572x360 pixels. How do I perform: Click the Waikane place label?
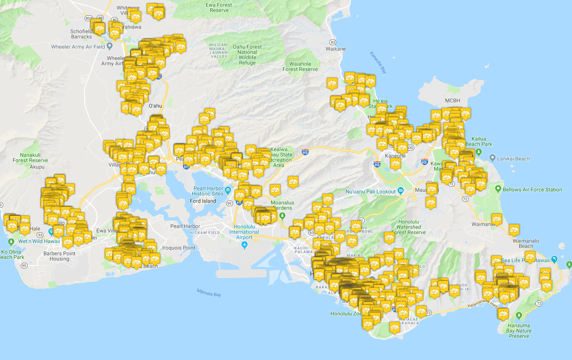click(335, 49)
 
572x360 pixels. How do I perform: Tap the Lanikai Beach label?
click(513, 159)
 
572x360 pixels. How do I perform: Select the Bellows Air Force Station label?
click(532, 190)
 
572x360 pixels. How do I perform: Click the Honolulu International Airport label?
click(244, 232)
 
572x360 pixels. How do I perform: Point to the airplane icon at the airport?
click(244, 244)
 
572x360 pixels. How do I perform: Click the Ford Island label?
click(203, 201)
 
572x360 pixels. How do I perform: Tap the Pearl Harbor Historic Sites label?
click(208, 191)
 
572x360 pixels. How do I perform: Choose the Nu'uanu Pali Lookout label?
click(370, 192)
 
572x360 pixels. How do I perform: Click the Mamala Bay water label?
click(209, 292)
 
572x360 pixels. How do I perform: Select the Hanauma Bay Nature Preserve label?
click(519, 331)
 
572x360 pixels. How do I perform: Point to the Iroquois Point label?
click(179, 248)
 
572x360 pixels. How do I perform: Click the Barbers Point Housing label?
click(59, 256)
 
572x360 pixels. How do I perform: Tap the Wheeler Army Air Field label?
click(78, 47)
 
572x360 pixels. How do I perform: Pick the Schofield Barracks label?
click(81, 34)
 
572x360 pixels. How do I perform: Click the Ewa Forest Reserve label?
click(219, 8)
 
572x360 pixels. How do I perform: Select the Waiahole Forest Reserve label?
click(300, 66)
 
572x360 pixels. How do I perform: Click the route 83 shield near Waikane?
click(333, 42)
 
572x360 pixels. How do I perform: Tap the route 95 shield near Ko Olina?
click(24, 266)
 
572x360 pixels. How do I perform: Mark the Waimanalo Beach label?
click(526, 243)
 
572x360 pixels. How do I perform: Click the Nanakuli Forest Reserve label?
click(30, 157)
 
